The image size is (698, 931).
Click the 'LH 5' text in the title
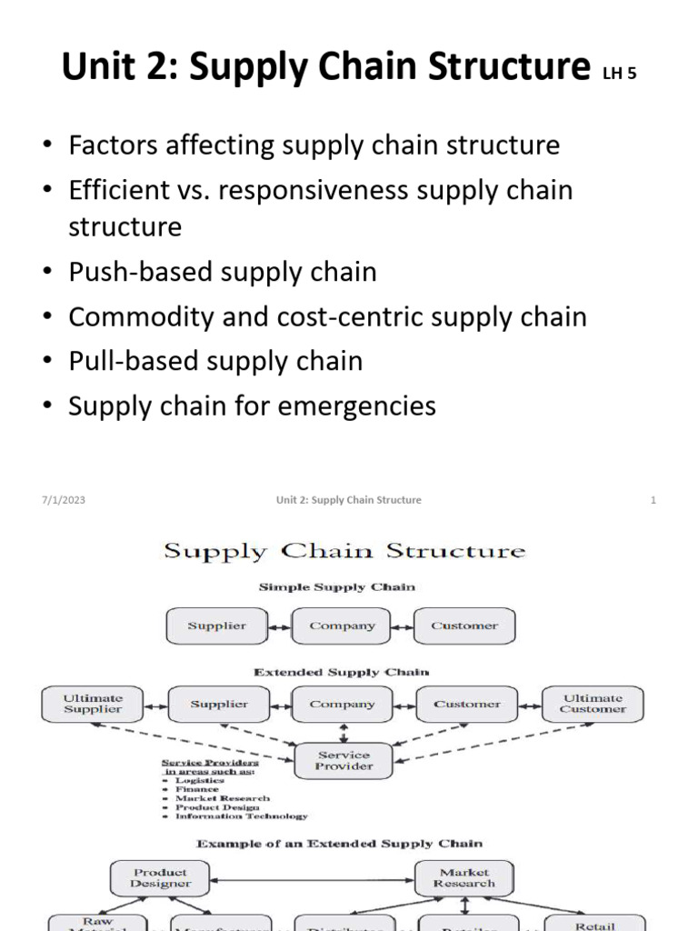(x=618, y=74)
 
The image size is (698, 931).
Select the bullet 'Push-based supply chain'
(x=223, y=272)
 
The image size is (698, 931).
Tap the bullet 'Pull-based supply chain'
(x=215, y=361)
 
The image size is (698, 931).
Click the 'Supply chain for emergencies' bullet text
(x=253, y=405)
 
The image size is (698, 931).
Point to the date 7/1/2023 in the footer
(x=63, y=500)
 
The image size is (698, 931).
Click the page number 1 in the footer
(x=653, y=500)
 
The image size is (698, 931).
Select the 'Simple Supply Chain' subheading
(x=337, y=587)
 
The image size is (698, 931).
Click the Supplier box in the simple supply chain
(x=217, y=626)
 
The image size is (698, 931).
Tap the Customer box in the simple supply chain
(x=464, y=626)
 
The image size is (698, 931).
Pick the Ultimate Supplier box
(x=93, y=704)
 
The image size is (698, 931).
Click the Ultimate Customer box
(x=593, y=704)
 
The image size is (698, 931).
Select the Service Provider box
(x=344, y=760)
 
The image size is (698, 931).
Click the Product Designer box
(x=161, y=877)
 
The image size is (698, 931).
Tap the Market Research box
(x=464, y=877)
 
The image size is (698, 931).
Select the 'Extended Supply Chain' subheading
(x=342, y=672)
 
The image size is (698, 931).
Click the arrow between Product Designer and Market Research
(x=313, y=878)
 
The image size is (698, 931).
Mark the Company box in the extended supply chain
(x=342, y=705)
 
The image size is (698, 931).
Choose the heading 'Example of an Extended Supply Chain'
(x=340, y=844)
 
